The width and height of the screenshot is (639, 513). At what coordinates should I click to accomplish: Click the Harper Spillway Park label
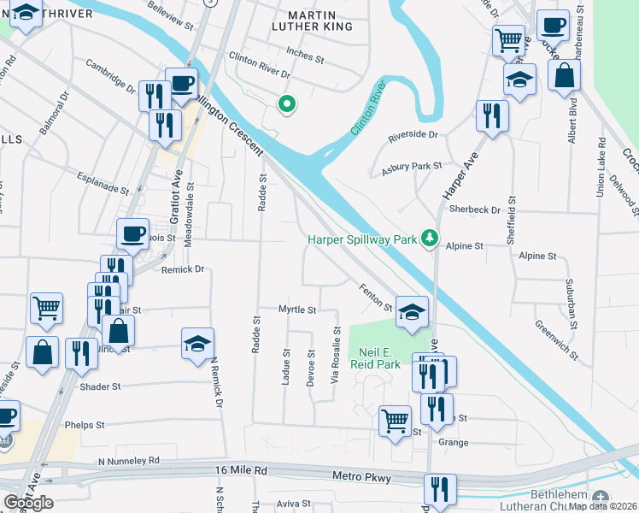pos(362,239)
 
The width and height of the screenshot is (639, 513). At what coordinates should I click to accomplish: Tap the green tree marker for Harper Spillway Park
pos(432,239)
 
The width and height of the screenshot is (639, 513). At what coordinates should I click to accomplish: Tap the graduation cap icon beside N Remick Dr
pos(197,344)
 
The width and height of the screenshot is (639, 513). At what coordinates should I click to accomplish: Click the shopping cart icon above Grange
pos(396,420)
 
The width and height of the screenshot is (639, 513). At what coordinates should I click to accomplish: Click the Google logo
pos(28,502)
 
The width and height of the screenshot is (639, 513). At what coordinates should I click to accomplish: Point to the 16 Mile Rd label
pos(241,470)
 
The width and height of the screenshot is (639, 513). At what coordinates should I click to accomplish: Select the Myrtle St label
pos(298,309)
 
